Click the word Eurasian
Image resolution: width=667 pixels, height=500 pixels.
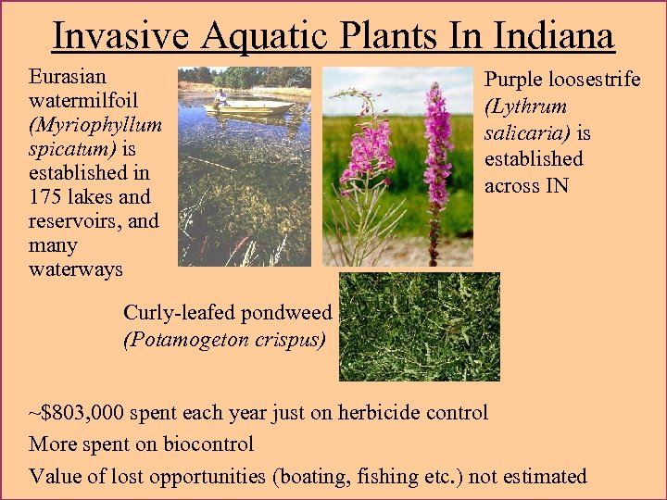point(68,76)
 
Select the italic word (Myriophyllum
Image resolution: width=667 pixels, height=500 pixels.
point(95,124)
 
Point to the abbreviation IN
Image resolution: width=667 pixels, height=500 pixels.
point(557,185)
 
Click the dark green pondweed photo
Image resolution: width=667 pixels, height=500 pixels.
point(420,326)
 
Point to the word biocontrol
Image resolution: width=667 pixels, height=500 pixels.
point(208,444)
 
